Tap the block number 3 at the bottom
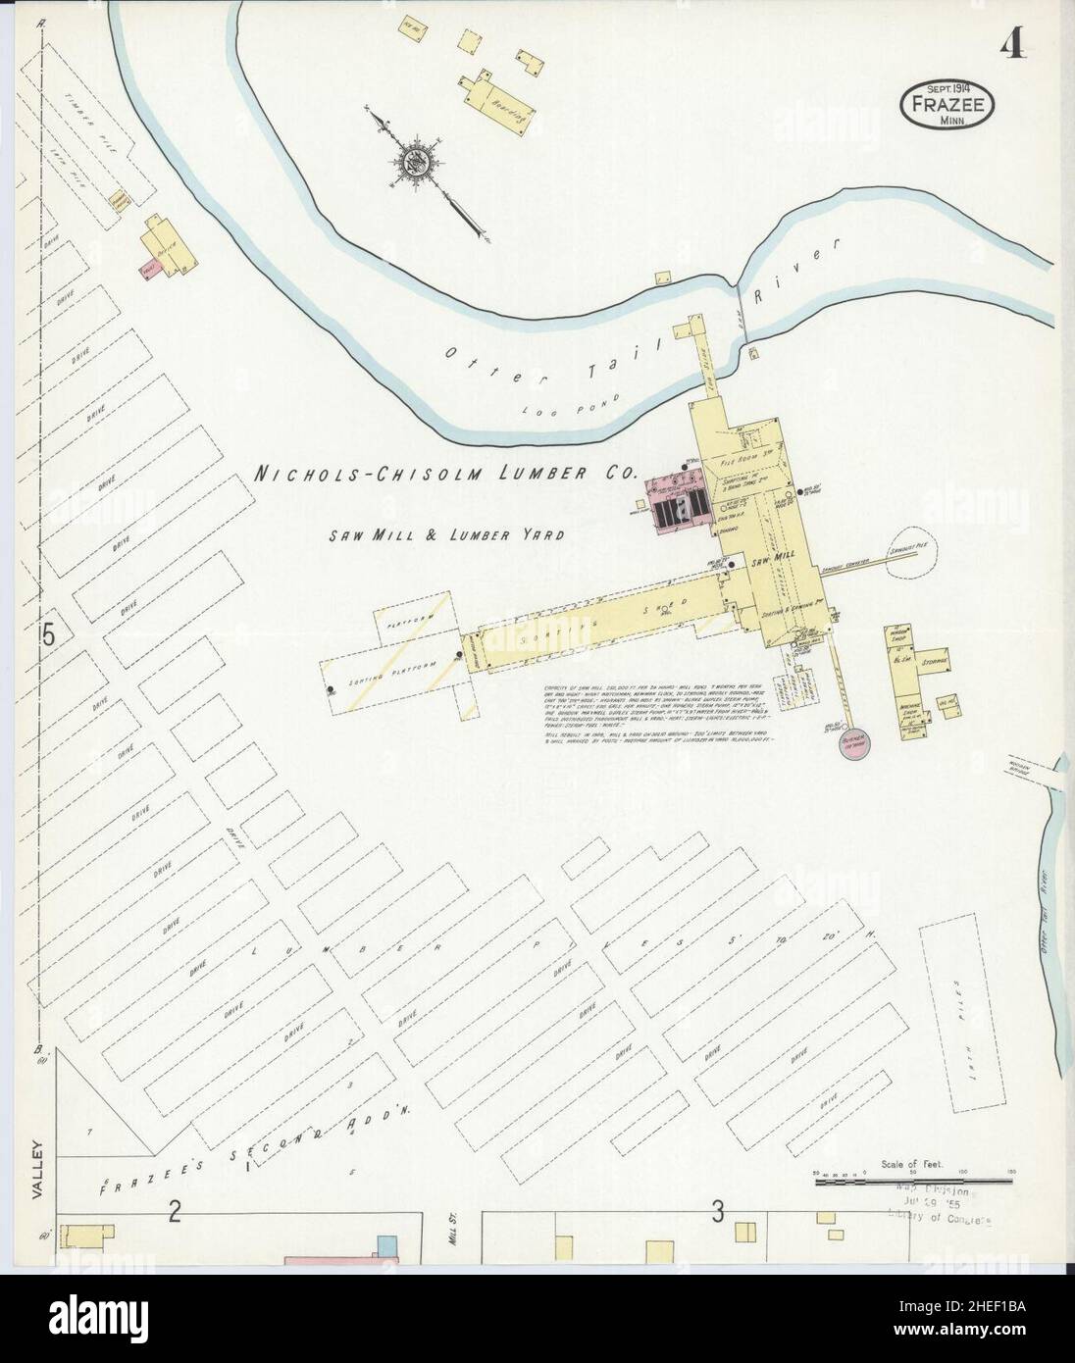pos(717,1212)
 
